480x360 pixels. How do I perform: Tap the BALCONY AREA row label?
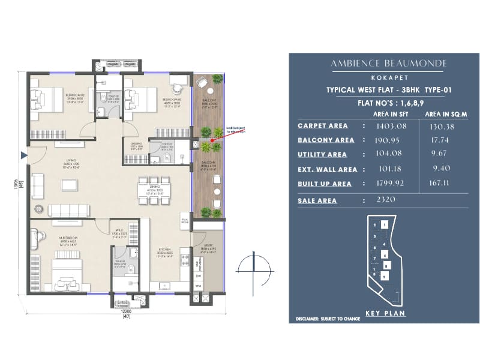point(326,140)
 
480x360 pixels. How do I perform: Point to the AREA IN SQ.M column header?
point(446,113)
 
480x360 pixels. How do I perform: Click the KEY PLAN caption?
point(385,313)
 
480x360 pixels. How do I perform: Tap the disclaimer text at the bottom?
point(328,319)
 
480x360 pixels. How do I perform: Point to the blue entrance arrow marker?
point(24,155)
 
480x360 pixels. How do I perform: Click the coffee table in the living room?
point(69,185)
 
